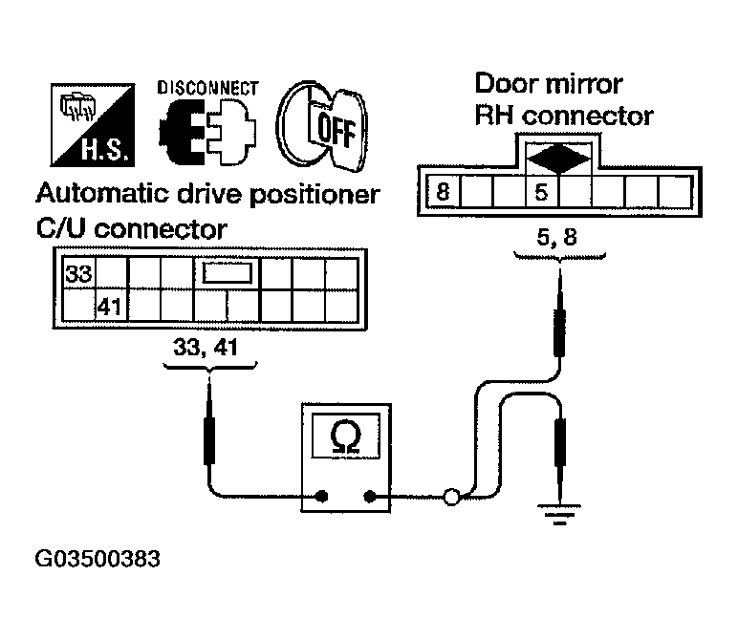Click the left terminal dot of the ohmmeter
tap(322, 496)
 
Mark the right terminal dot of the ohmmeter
tap(371, 496)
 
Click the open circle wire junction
tap(451, 497)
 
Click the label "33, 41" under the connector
tap(211, 349)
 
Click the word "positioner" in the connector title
tap(314, 197)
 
